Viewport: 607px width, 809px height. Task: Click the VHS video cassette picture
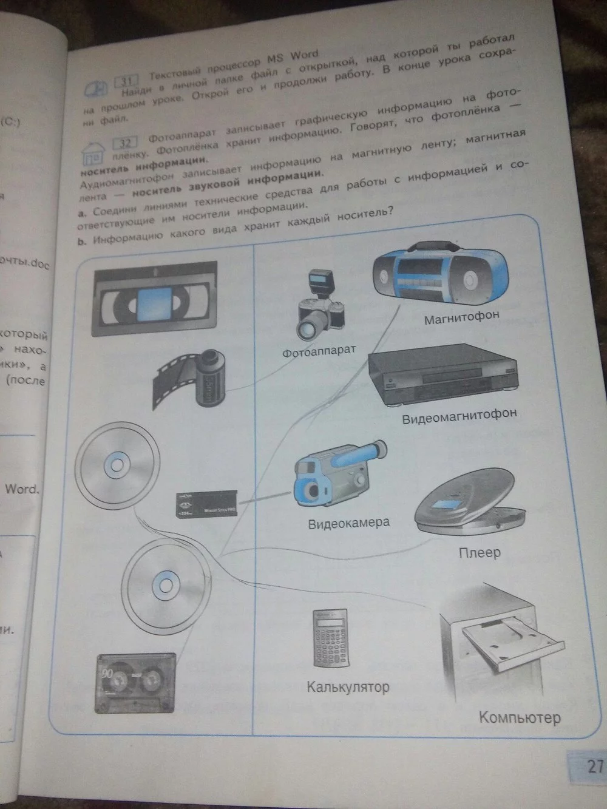pos(155,297)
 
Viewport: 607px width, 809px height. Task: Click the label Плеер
pos(480,553)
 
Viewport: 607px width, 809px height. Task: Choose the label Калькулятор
pos(348,688)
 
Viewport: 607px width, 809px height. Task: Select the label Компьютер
pos(520,718)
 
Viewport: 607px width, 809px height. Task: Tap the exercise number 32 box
pos(124,144)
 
